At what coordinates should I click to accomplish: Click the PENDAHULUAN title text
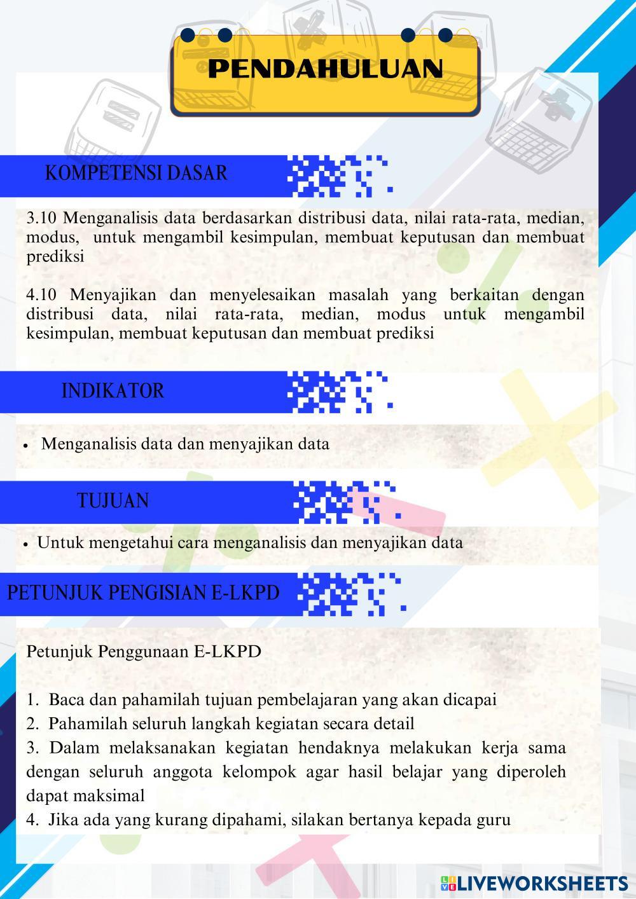tap(325, 69)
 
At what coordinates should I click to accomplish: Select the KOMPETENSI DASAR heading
tap(136, 173)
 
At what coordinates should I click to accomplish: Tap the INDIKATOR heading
tap(113, 390)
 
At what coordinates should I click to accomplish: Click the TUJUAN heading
tap(113, 501)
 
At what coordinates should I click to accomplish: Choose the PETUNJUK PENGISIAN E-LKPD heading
tap(143, 593)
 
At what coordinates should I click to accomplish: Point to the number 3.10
tap(41, 218)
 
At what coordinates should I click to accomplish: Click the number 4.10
tap(41, 295)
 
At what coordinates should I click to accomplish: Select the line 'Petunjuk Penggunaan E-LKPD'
tap(144, 652)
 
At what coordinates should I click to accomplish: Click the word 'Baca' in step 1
tap(67, 700)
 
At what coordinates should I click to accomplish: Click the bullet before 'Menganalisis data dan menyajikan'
tap(25, 446)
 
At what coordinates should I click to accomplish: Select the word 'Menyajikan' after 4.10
tap(111, 295)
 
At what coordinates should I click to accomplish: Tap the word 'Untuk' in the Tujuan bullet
tap(60, 543)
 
